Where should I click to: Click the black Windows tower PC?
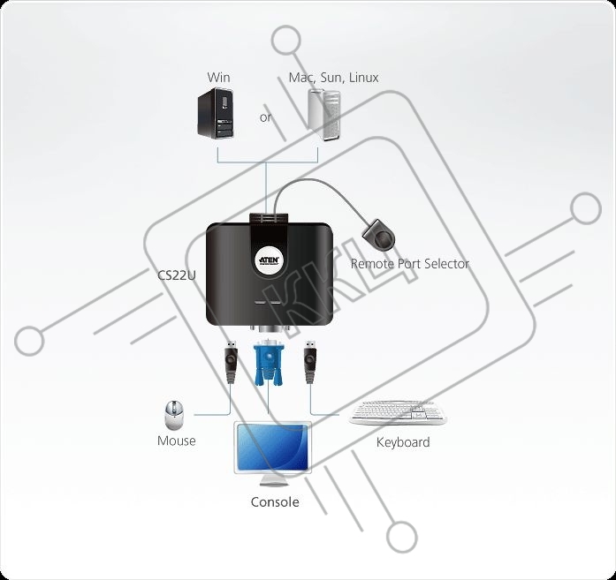tap(216, 113)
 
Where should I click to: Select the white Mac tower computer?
tap(324, 115)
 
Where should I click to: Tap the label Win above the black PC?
tap(218, 78)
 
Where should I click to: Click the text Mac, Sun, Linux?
tap(333, 78)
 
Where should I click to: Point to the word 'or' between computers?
tap(265, 117)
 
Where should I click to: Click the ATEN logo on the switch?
tap(269, 260)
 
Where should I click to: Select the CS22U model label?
tap(177, 275)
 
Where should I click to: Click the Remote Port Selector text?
tap(410, 264)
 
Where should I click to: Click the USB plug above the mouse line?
tap(231, 363)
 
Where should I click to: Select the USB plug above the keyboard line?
tap(310, 363)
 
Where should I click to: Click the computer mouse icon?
tap(173, 415)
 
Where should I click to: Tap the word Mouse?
tap(177, 441)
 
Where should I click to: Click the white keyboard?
tap(398, 413)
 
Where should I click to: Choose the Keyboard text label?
tap(403, 442)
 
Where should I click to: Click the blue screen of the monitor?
tap(272, 447)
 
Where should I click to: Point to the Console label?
tap(275, 502)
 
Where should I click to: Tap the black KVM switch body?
tap(270, 274)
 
